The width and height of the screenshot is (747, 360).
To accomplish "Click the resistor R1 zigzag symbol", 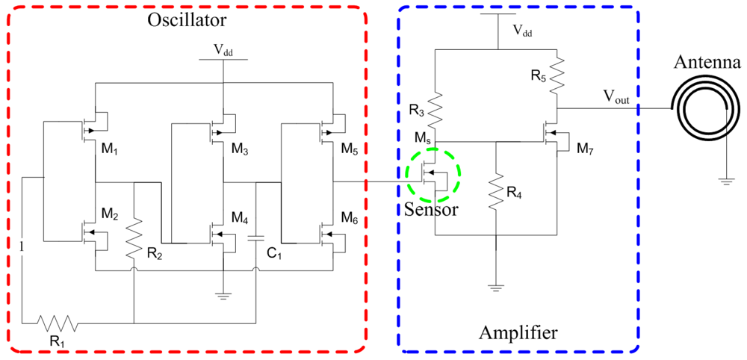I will click(x=58, y=323).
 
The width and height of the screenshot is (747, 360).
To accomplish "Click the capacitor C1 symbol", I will click(x=255, y=239).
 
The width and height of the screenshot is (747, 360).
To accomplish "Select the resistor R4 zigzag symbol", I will click(x=495, y=193).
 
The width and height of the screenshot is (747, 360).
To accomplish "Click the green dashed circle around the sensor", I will click(x=434, y=176).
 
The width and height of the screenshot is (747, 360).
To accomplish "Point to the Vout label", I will click(x=619, y=97).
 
